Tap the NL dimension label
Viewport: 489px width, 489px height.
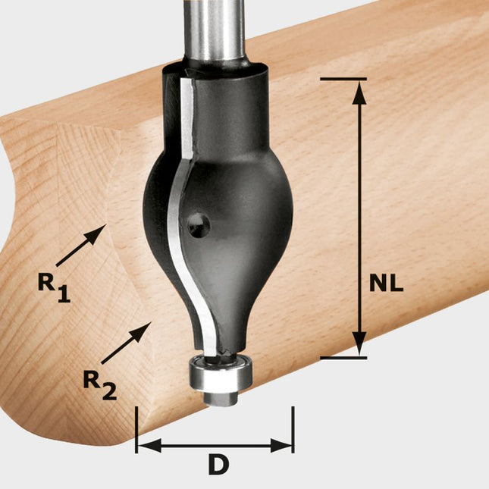pyautogui.click(x=387, y=283)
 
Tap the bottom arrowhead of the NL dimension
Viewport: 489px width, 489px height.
pyautogui.click(x=360, y=347)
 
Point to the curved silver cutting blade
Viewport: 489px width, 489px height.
pyautogui.click(x=181, y=227)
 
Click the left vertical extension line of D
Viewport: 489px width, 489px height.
pyautogui.click(x=136, y=428)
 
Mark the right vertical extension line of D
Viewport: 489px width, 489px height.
pyautogui.click(x=293, y=428)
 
